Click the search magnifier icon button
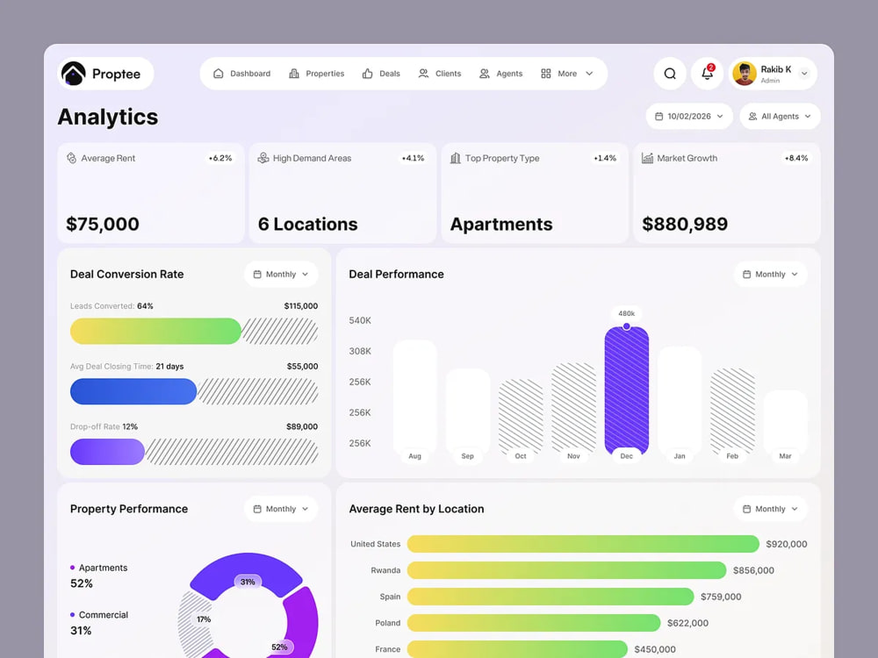[670, 74]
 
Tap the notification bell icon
[707, 74]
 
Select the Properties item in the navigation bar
[316, 74]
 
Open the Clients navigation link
[440, 74]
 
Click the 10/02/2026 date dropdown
[689, 117]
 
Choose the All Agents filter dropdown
[780, 117]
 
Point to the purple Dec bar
[627, 390]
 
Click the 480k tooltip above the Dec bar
[627, 313]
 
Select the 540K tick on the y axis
[360, 320]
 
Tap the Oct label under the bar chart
[520, 456]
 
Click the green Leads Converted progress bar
[155, 332]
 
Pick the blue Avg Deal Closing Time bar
[133, 391]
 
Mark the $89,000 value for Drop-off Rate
[302, 426]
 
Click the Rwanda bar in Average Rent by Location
[566, 570]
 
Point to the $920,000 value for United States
[787, 544]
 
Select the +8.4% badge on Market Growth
[795, 158]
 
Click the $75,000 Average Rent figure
[103, 224]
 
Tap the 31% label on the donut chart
[248, 582]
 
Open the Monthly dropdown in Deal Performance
[771, 274]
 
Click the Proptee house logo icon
[74, 74]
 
